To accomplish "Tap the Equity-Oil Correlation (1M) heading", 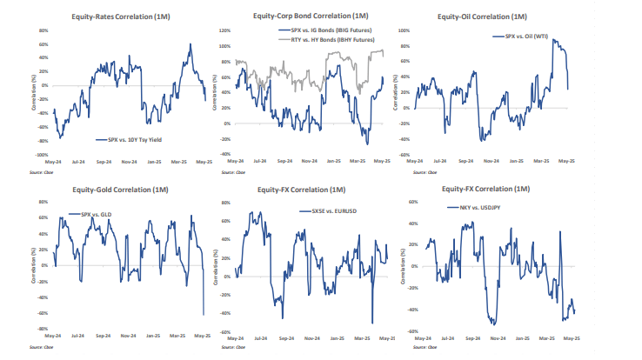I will click(x=496, y=17).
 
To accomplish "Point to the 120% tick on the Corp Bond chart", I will click(x=224, y=30).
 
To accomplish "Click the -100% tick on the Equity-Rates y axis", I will click(x=41, y=155).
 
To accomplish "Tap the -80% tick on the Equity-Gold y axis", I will click(x=42, y=329).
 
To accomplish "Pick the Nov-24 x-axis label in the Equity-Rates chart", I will click(x=128, y=162).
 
